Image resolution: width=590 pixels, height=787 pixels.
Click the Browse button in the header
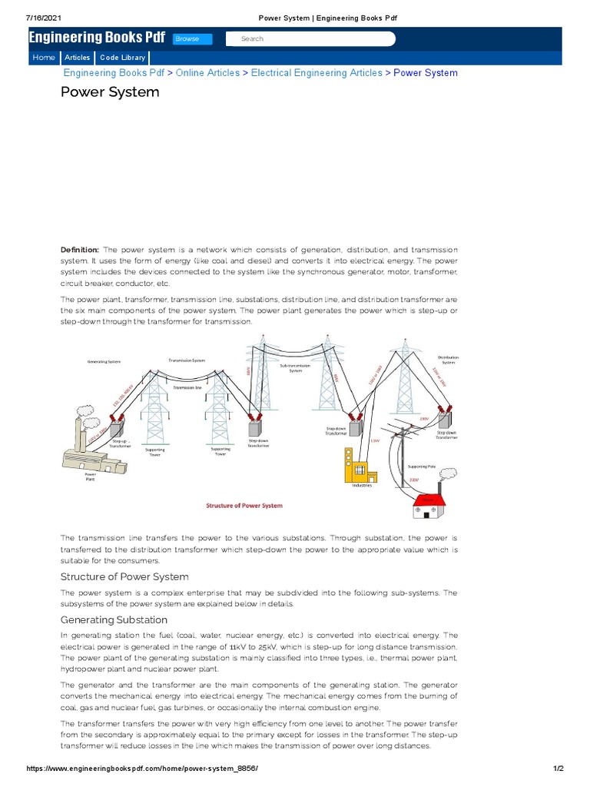point(187,38)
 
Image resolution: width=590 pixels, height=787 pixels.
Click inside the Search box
point(310,38)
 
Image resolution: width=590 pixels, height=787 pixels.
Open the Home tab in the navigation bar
point(44,58)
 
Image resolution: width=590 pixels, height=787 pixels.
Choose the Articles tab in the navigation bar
point(77,58)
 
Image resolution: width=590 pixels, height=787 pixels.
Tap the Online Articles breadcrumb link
point(208,73)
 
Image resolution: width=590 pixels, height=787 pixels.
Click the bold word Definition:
point(80,250)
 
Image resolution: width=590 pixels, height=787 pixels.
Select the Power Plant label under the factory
point(90,477)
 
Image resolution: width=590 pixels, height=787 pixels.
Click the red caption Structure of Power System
point(244,506)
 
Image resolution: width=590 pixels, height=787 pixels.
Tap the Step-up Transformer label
point(120,443)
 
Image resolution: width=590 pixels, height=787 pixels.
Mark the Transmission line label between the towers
point(187,388)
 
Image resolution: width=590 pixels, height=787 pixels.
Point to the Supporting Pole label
point(422,466)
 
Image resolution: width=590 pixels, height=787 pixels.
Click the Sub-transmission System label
point(295,368)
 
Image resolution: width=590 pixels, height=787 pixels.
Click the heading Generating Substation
point(114,619)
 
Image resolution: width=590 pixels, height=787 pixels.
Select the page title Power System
point(110,92)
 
